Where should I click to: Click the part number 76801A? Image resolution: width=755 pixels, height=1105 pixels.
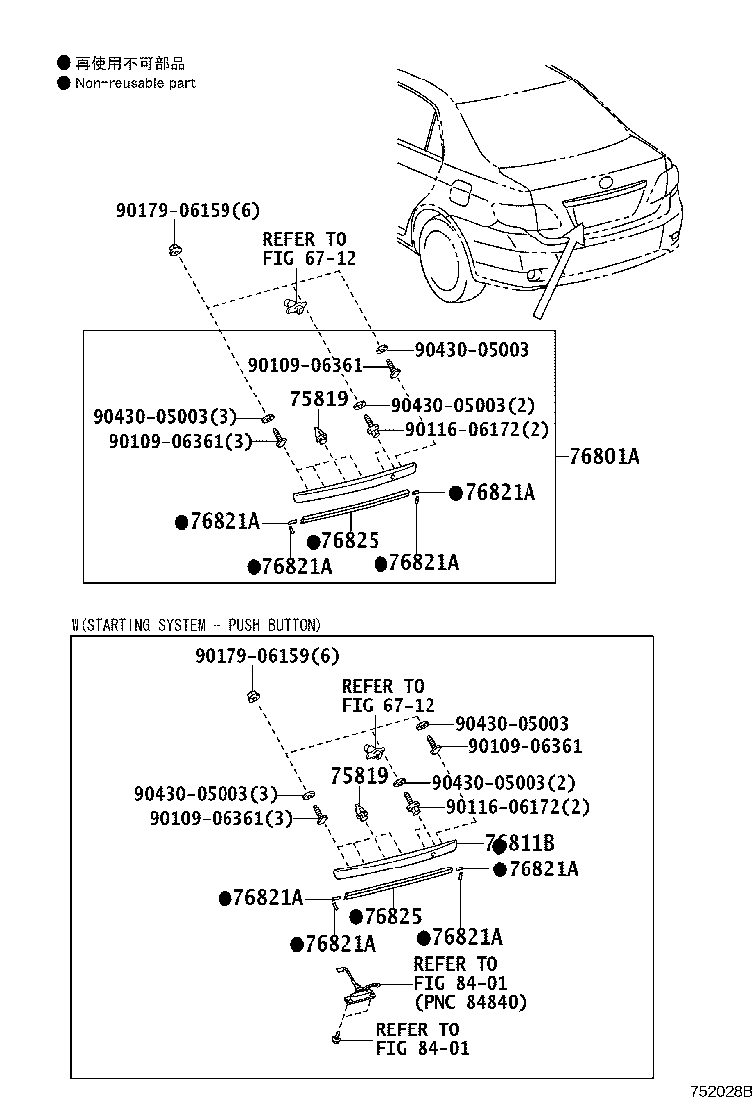pos(604,457)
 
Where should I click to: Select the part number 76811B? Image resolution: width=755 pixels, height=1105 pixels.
pos(520,844)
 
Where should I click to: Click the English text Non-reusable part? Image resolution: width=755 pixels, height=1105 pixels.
pos(135,83)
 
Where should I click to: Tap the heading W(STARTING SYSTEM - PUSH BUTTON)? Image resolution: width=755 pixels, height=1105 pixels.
pos(196,625)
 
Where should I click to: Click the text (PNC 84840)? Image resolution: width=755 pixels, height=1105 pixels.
pos(470,1002)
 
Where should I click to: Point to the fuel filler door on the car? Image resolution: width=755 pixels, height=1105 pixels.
pos(463,189)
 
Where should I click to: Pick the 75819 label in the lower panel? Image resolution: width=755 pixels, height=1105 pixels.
pos(360,776)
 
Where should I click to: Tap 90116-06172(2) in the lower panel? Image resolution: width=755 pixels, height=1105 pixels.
pos(518,807)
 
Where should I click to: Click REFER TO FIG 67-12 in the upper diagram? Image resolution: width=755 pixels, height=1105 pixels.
pos(304,249)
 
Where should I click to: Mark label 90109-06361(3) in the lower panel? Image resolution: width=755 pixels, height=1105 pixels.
pos(222,818)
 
